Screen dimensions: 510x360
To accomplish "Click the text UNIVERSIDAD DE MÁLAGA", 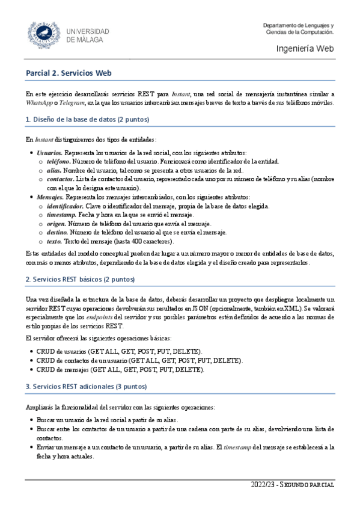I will click(88, 35).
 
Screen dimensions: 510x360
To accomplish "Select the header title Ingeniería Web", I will click(305, 49).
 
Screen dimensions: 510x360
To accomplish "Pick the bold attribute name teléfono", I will click(58, 162).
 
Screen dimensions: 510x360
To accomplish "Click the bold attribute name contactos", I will click(59, 179).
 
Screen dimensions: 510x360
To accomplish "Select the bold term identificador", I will click(67, 206).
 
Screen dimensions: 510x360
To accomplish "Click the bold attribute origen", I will click(56, 224).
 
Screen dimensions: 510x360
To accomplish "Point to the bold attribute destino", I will click(57, 232).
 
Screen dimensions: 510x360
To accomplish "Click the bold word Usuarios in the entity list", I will click(49, 153).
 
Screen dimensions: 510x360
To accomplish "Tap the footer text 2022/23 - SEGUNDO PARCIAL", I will click(293, 485).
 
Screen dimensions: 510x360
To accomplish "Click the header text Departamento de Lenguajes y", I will click(299, 25).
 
